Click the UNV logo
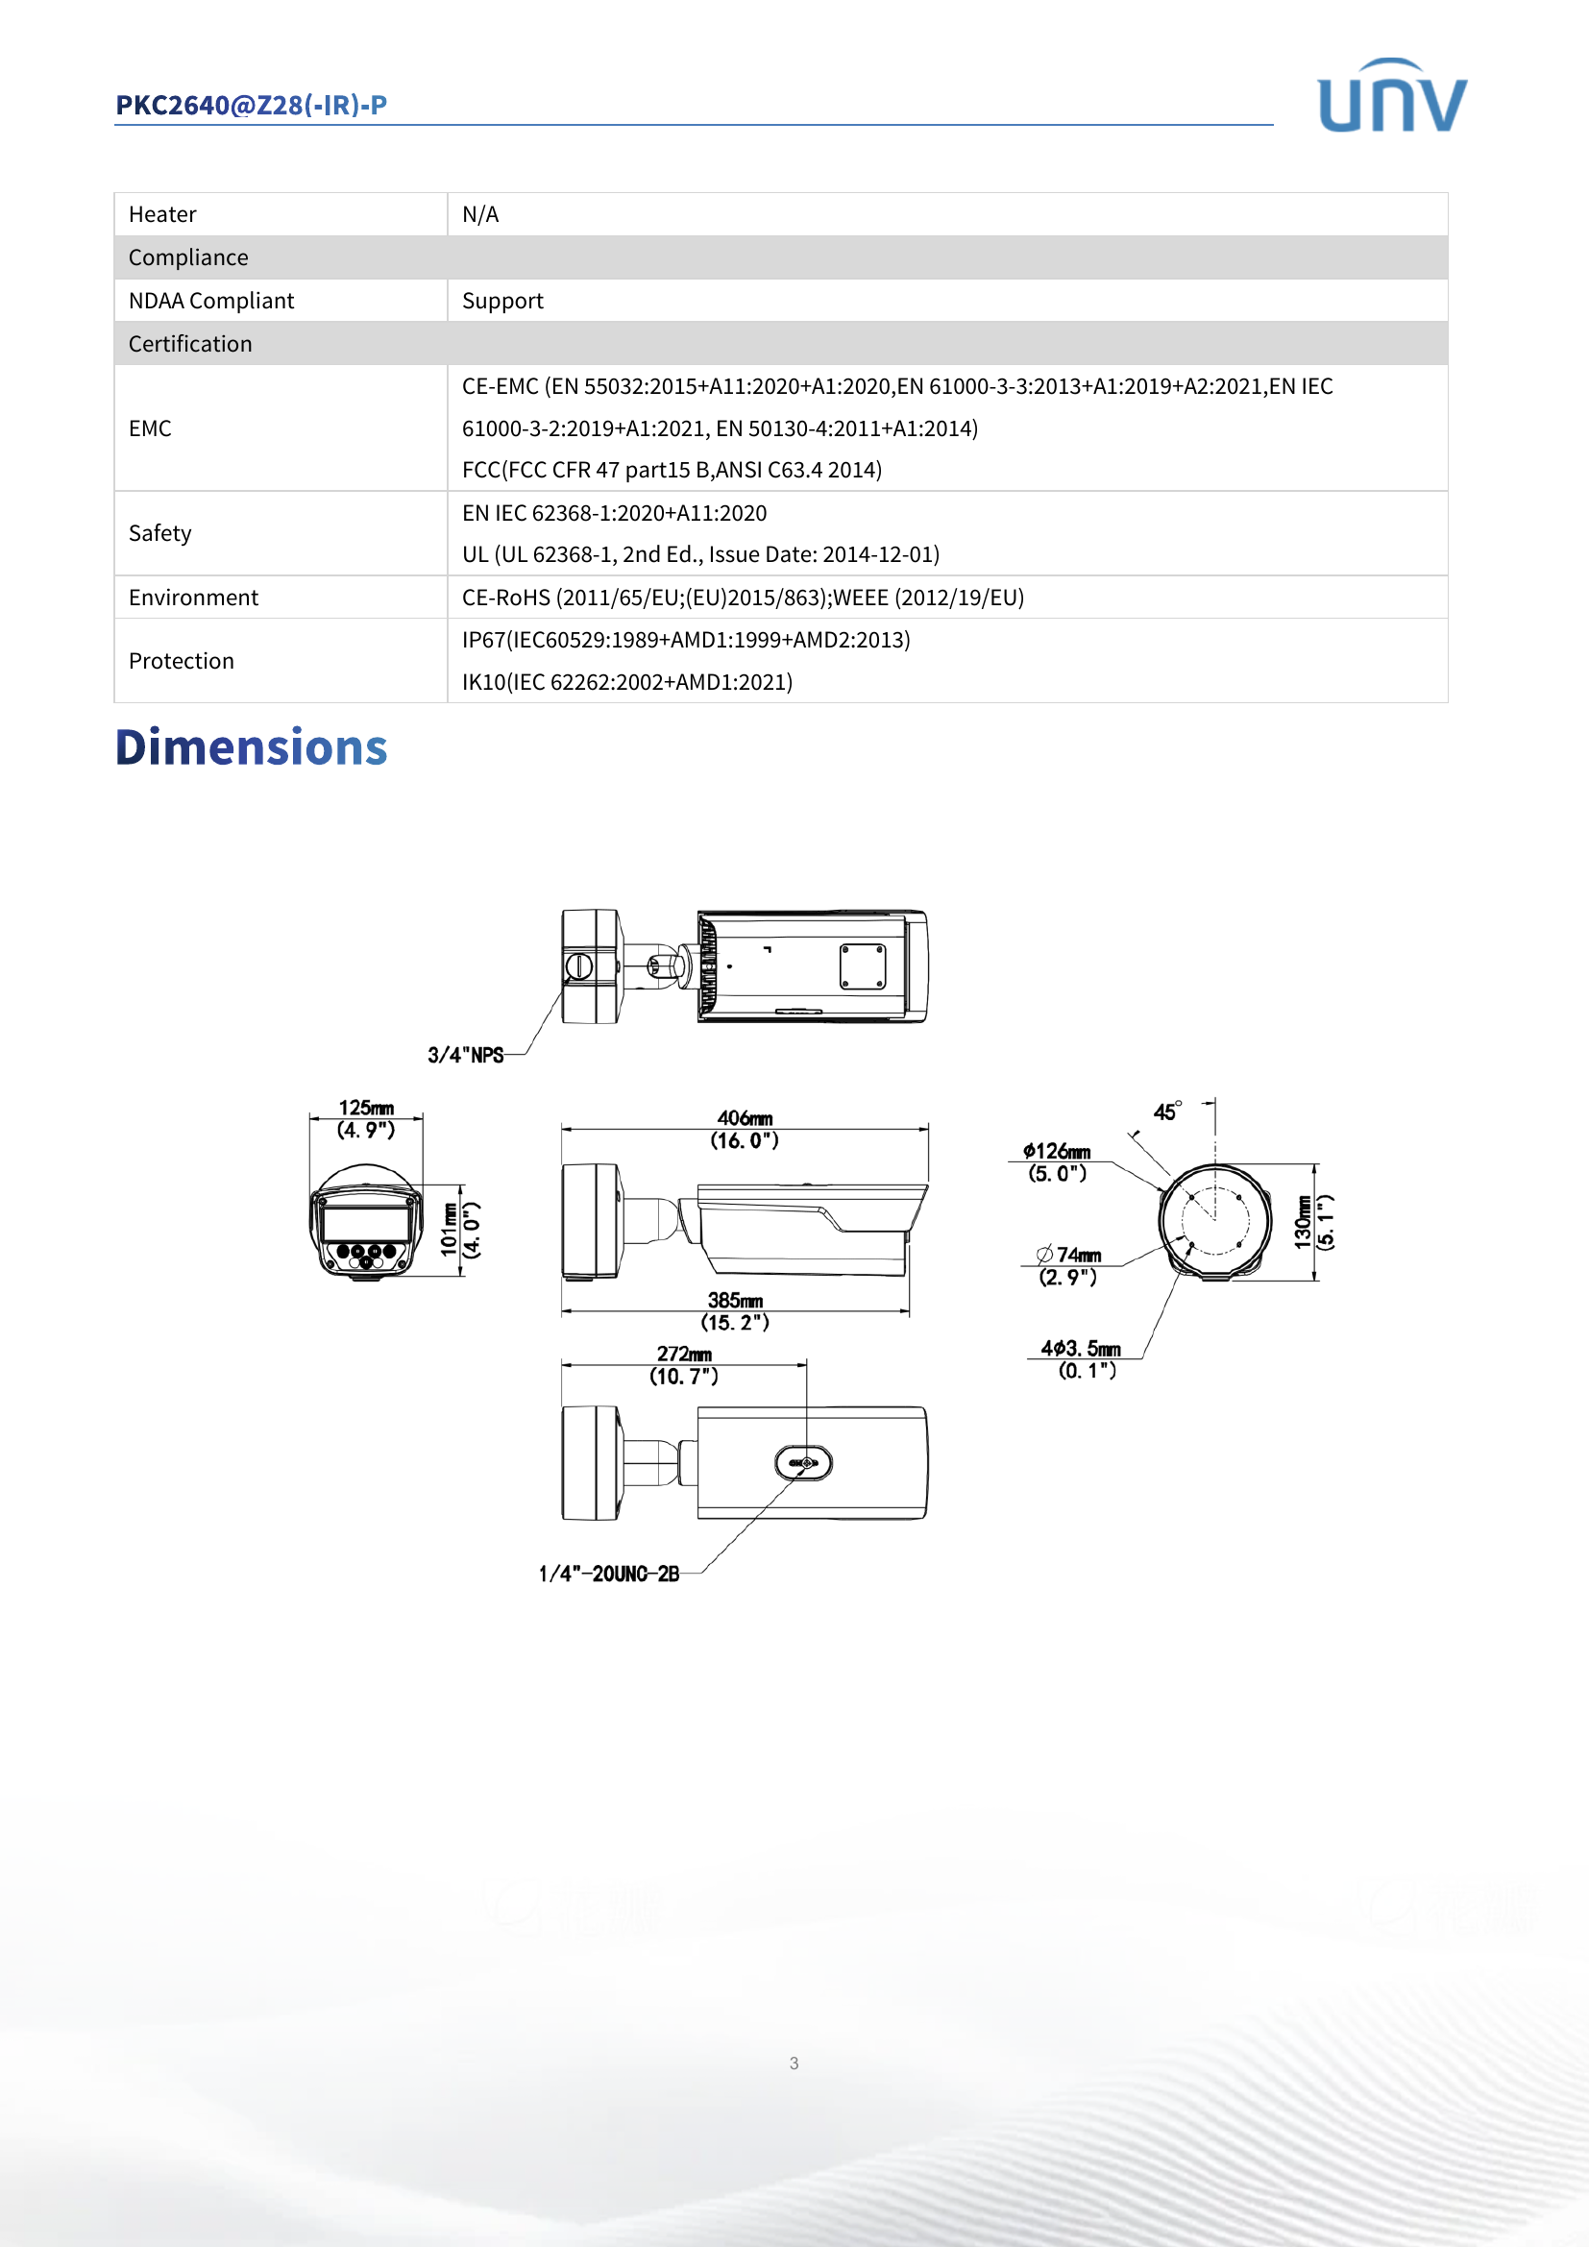click(x=1391, y=97)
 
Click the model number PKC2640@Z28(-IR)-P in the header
click(x=252, y=105)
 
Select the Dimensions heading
click(x=252, y=747)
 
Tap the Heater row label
click(x=162, y=214)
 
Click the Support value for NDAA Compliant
click(x=501, y=301)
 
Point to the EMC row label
click(x=150, y=428)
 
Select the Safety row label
click(x=159, y=533)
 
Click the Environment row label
click(x=193, y=598)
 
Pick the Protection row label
click(x=181, y=662)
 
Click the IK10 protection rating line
click(x=627, y=682)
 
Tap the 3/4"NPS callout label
click(x=466, y=1055)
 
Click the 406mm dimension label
click(x=745, y=1117)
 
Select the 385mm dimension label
click(x=735, y=1301)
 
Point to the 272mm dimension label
click(x=684, y=1355)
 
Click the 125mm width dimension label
click(x=366, y=1108)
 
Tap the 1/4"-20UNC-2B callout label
click(x=608, y=1574)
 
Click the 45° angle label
click(x=1166, y=1111)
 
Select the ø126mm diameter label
click(x=1057, y=1152)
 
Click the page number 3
click(x=794, y=2063)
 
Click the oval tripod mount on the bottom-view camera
click(x=803, y=1463)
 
